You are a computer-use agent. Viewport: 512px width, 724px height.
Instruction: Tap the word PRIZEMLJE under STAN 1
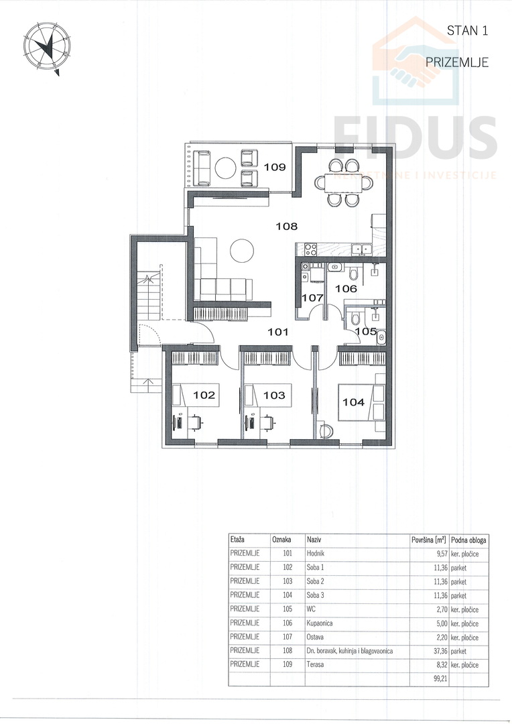click(457, 62)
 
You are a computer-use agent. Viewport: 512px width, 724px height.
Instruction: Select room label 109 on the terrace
click(275, 167)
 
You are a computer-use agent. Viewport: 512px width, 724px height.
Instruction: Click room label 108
click(287, 227)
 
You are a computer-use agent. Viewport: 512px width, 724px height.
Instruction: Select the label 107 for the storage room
click(312, 298)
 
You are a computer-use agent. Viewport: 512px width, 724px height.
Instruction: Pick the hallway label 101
click(278, 332)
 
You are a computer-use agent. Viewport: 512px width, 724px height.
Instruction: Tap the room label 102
click(204, 396)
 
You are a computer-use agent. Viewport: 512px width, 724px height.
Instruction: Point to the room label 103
click(274, 396)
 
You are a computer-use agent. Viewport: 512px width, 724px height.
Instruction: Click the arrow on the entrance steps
click(147, 382)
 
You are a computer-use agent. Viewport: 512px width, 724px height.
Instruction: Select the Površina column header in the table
click(428, 539)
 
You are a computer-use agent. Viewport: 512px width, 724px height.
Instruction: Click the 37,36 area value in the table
click(434, 651)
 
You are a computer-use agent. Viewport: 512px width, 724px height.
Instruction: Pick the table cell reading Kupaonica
click(320, 623)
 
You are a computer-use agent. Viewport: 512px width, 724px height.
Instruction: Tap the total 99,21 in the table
click(434, 678)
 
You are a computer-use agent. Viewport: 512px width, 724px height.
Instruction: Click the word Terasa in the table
click(315, 664)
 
